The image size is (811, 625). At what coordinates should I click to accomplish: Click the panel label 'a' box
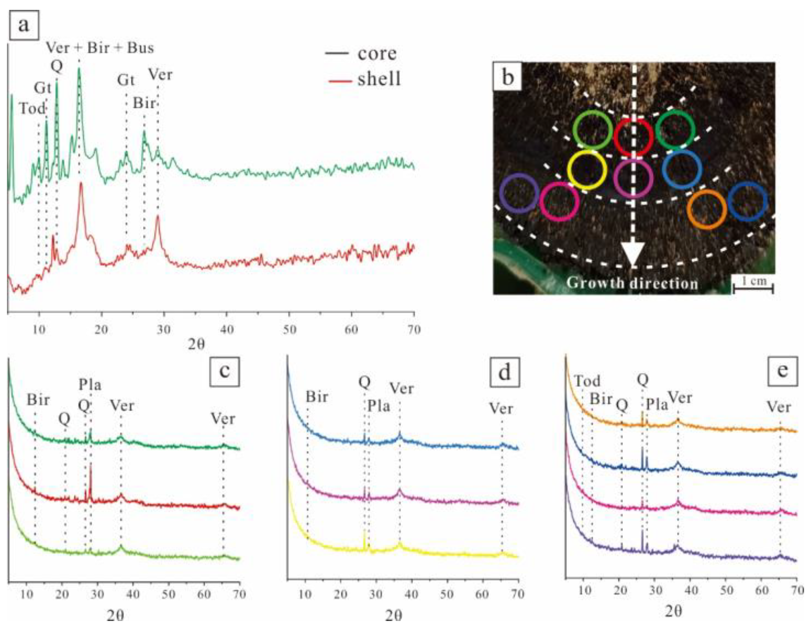click(24, 25)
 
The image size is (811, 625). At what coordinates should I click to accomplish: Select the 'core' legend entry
click(376, 53)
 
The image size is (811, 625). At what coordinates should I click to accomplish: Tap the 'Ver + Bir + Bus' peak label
click(100, 48)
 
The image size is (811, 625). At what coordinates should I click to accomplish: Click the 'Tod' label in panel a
click(32, 109)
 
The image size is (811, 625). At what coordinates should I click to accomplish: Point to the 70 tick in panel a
click(413, 329)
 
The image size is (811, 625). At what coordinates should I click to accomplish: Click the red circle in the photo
click(633, 137)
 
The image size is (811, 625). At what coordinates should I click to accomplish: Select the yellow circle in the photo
click(587, 170)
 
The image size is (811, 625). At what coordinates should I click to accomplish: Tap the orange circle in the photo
click(706, 209)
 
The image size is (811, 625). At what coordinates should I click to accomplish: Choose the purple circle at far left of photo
click(519, 193)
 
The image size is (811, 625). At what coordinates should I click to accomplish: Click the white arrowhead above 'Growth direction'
click(633, 254)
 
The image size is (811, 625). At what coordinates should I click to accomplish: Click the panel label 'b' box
click(508, 78)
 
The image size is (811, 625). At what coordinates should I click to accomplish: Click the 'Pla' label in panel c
click(90, 385)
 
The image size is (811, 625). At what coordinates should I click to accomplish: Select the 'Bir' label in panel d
click(316, 397)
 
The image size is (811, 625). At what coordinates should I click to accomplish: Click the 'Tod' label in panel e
click(587, 381)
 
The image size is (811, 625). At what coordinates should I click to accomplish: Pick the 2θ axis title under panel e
click(673, 611)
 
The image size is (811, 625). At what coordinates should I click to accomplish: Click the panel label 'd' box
click(505, 372)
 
